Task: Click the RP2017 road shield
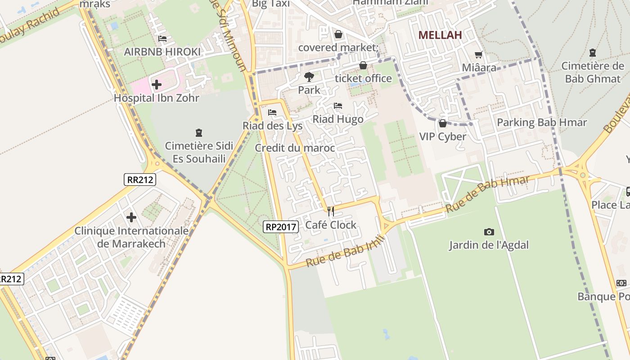click(281, 227)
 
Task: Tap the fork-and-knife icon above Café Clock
click(331, 211)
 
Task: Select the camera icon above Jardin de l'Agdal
click(489, 232)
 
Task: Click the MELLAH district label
click(440, 35)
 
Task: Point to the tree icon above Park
click(309, 77)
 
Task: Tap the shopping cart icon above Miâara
click(478, 54)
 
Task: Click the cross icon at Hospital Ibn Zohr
click(157, 84)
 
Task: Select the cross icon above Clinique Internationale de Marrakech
click(131, 218)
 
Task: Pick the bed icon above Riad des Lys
click(272, 112)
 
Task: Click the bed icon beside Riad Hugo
click(338, 106)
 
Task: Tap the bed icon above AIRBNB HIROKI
click(162, 39)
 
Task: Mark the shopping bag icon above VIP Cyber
click(442, 123)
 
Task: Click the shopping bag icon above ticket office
click(363, 66)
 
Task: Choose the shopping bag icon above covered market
click(338, 34)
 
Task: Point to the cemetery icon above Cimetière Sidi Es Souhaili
click(198, 133)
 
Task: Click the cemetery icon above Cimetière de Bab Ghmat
click(593, 53)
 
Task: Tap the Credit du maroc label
click(295, 148)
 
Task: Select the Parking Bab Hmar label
click(542, 122)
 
